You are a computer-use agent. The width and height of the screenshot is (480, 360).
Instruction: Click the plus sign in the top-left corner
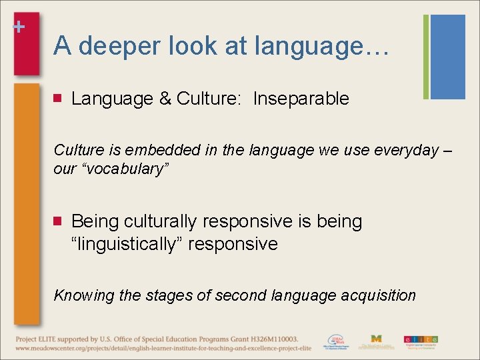click(19, 27)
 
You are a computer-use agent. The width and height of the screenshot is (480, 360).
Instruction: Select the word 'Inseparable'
click(301, 99)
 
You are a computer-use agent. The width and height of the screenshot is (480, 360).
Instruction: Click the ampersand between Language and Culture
click(165, 99)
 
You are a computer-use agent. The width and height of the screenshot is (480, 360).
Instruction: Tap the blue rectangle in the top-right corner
click(447, 57)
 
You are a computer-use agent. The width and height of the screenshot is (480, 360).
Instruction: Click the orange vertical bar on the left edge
click(27, 200)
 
